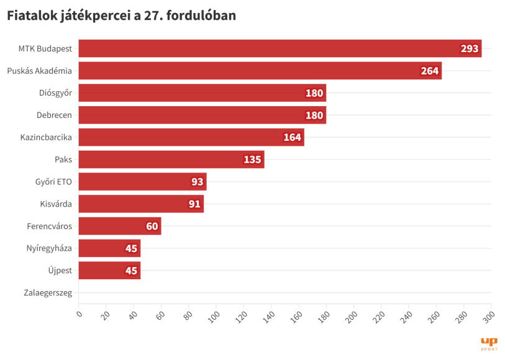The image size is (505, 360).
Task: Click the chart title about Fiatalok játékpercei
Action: point(122,16)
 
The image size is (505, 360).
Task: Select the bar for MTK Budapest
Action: point(280,48)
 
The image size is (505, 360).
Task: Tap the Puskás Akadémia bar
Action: point(260,71)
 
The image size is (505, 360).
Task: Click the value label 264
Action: point(430,71)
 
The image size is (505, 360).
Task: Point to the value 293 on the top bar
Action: point(470,48)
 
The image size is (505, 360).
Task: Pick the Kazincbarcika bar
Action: point(191,137)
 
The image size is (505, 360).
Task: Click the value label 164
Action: point(293,137)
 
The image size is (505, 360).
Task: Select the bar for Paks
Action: point(171,160)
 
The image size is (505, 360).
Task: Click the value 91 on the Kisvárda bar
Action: point(194,204)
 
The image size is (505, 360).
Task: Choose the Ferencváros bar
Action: point(120,226)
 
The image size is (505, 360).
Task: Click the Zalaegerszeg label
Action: point(48,293)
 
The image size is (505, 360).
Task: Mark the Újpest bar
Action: point(109,271)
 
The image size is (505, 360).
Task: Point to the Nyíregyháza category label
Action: point(49,248)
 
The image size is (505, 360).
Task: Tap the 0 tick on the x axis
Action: point(79,313)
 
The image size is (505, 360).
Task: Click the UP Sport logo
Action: point(489,344)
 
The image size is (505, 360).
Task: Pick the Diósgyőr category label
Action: point(55,93)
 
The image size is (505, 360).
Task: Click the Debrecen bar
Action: point(202,115)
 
